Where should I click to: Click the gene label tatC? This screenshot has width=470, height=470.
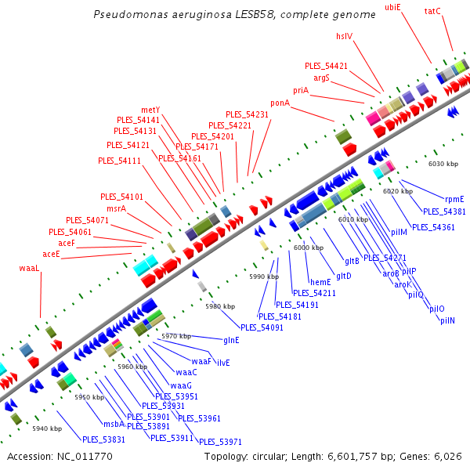pyautogui.click(x=432, y=11)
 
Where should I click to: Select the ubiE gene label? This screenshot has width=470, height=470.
pyautogui.click(x=392, y=7)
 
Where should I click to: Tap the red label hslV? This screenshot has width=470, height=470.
pyautogui.click(x=345, y=35)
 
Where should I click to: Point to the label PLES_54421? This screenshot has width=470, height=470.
pyautogui.click(x=326, y=66)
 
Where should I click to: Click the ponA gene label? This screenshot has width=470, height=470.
pyautogui.click(x=280, y=103)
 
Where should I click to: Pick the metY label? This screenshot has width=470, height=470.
pyautogui.click(x=150, y=110)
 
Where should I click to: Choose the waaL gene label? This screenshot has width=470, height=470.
pyautogui.click(x=29, y=268)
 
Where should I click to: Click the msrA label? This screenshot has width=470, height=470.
pyautogui.click(x=117, y=208)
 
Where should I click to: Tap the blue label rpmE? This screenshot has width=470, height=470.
pyautogui.click(x=454, y=199)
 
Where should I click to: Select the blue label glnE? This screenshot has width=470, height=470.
pyautogui.click(x=232, y=340)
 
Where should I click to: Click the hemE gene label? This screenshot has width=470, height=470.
pyautogui.click(x=320, y=282)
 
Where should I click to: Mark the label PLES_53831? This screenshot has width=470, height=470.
pyautogui.click(x=103, y=439)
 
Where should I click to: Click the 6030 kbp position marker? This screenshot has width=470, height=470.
pyautogui.click(x=443, y=164)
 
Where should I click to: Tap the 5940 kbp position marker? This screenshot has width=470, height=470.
pyautogui.click(x=47, y=428)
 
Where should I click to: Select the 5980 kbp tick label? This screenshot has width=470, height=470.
pyautogui.click(x=219, y=306)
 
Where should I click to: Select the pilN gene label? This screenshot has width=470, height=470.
pyautogui.click(x=447, y=320)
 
